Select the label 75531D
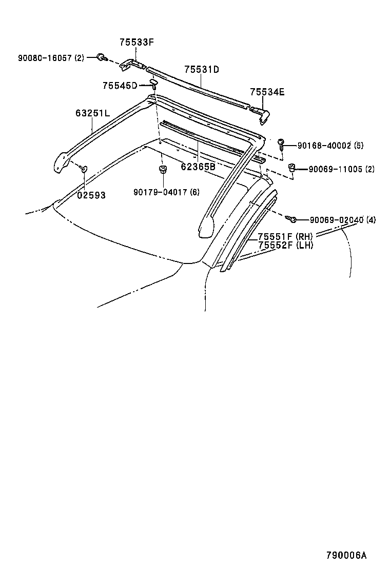click(x=202, y=70)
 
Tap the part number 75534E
click(x=267, y=92)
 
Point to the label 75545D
click(x=120, y=86)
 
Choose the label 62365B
click(x=198, y=167)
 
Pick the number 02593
click(x=91, y=195)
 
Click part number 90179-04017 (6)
click(x=166, y=192)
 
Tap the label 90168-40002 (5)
click(x=330, y=146)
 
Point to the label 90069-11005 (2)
click(x=341, y=169)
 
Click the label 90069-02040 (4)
click(x=342, y=220)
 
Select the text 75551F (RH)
click(x=285, y=236)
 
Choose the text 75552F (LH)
click(x=285, y=245)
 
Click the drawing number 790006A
click(x=347, y=555)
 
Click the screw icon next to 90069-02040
click(x=292, y=219)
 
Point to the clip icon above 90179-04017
click(x=162, y=170)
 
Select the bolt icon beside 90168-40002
click(x=282, y=144)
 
